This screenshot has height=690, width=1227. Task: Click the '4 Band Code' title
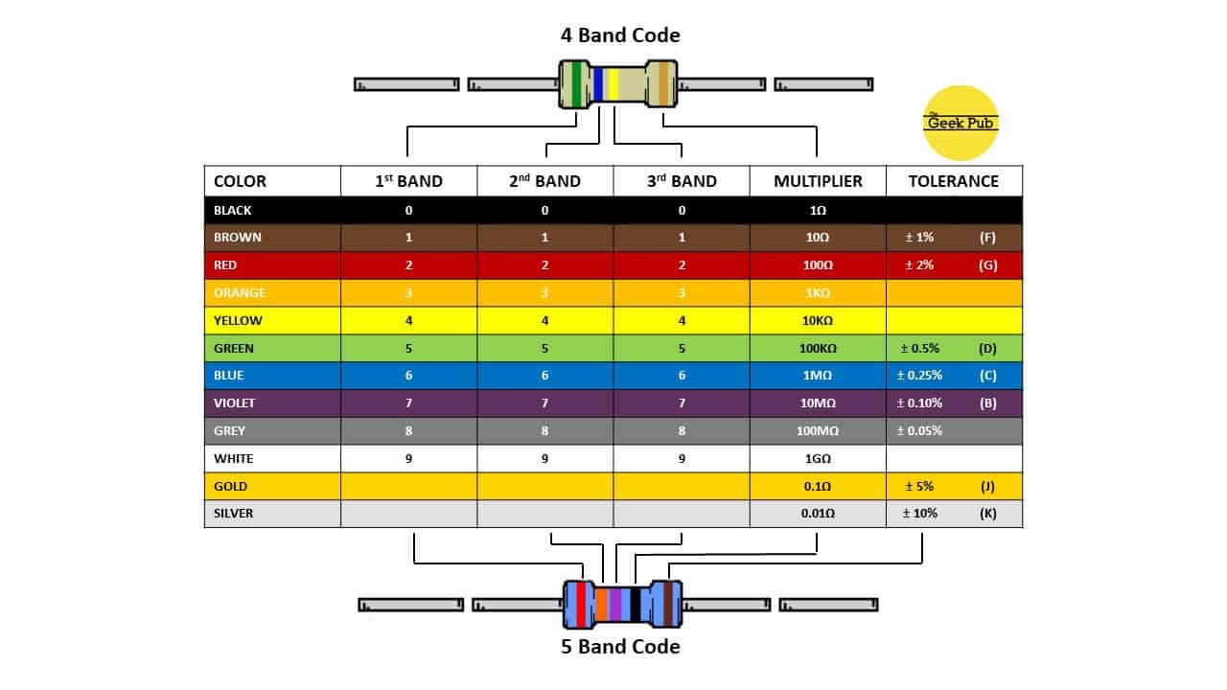pyautogui.click(x=620, y=35)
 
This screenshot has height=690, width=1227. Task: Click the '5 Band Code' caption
pyautogui.click(x=620, y=647)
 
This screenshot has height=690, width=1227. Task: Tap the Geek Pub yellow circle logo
pyautogui.click(x=961, y=123)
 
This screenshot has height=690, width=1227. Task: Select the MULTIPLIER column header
pyautogui.click(x=818, y=181)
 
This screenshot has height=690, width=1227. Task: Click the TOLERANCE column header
pyautogui.click(x=953, y=181)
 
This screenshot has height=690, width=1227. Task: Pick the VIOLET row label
pyautogui.click(x=235, y=403)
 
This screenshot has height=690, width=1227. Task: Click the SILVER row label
pyautogui.click(x=234, y=514)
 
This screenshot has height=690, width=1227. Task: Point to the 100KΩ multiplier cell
pyautogui.click(x=818, y=349)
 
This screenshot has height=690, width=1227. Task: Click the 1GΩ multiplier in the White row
pyautogui.click(x=818, y=459)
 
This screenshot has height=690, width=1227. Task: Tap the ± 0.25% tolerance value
pyautogui.click(x=919, y=376)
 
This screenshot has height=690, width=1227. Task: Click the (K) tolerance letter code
pyautogui.click(x=987, y=514)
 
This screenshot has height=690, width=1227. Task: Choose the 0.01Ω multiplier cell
pyautogui.click(x=818, y=514)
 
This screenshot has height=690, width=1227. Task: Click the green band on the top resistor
pyautogui.click(x=576, y=84)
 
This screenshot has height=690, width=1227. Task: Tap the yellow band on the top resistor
pyautogui.click(x=613, y=84)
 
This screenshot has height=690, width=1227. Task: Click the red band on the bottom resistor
pyautogui.click(x=580, y=604)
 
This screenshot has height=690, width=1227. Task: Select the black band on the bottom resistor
pyautogui.click(x=635, y=604)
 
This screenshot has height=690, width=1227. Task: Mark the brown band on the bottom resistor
pyautogui.click(x=667, y=604)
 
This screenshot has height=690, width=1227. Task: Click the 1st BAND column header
pyautogui.click(x=408, y=181)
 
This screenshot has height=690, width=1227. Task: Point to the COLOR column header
pyautogui.click(x=240, y=181)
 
